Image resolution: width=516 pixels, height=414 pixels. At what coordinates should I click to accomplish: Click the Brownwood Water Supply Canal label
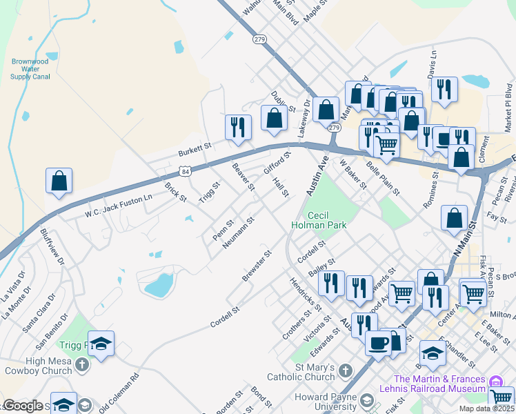(x=30, y=69)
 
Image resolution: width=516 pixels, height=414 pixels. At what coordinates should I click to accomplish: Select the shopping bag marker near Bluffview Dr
(x=59, y=181)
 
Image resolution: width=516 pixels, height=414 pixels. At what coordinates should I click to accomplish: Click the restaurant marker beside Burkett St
(x=238, y=128)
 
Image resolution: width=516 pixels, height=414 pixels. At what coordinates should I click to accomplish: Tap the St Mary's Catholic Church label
(x=315, y=372)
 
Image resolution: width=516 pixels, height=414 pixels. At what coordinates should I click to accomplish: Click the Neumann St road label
(x=239, y=233)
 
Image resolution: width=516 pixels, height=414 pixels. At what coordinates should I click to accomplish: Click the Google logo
(x=23, y=406)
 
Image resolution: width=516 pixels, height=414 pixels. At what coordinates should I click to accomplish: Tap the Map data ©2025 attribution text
(x=486, y=408)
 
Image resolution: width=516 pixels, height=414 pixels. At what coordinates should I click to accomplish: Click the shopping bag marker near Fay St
(x=455, y=217)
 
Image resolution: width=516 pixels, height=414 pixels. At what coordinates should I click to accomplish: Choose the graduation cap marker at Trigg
(x=101, y=344)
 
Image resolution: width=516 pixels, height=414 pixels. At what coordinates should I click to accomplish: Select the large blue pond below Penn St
(x=158, y=284)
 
